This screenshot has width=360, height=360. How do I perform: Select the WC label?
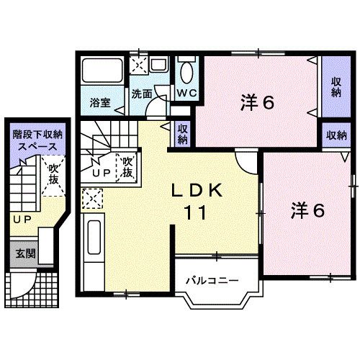click(x=186, y=94)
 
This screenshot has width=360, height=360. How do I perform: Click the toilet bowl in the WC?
click(x=186, y=72)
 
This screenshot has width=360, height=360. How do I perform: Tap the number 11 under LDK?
click(x=195, y=213)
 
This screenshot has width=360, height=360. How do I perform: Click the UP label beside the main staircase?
click(x=100, y=174)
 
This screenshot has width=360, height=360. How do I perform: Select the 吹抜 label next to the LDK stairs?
click(x=128, y=167)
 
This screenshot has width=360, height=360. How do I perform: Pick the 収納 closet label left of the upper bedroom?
click(x=183, y=135)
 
